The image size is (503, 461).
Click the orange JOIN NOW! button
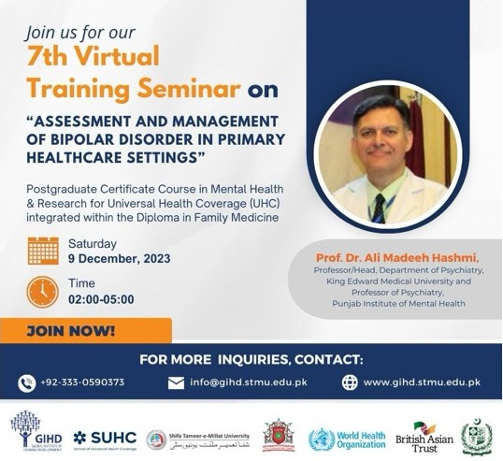85,330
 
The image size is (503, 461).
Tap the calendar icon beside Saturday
43,251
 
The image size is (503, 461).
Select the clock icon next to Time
43,291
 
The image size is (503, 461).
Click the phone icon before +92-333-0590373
27,382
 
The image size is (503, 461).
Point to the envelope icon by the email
176,382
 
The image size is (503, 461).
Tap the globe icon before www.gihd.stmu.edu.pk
350,382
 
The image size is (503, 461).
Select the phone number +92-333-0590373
83,382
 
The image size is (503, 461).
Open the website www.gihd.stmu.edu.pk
422,382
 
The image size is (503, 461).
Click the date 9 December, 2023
119,259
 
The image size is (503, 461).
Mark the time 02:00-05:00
101,299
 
